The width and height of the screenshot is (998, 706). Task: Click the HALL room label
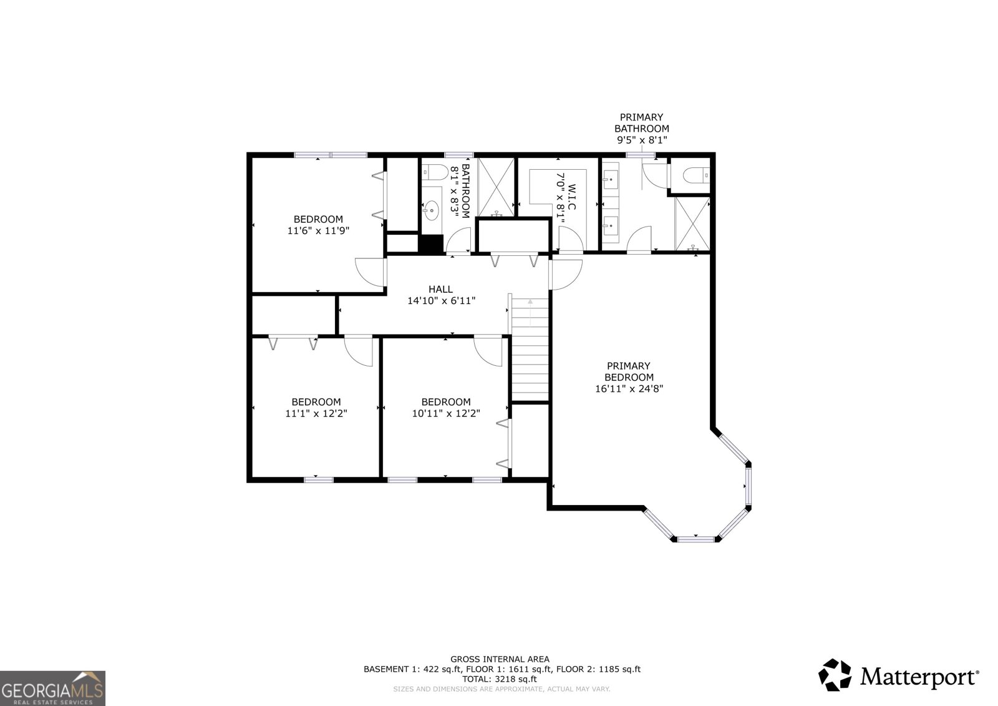pyautogui.click(x=440, y=289)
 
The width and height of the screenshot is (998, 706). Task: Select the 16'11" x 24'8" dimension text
pyautogui.click(x=629, y=388)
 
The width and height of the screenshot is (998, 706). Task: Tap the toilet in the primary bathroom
pyautogui.click(x=696, y=175)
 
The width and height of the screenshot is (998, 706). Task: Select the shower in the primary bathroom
pyautogui.click(x=692, y=223)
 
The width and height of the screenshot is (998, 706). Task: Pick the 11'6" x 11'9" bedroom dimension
pyautogui.click(x=318, y=230)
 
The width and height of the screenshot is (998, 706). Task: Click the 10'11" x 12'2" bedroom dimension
pyautogui.click(x=445, y=413)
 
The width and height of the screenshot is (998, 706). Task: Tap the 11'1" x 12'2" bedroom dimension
pyautogui.click(x=316, y=413)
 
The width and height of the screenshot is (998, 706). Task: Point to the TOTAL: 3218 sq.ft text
pyautogui.click(x=499, y=679)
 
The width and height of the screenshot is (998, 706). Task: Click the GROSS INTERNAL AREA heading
pyautogui.click(x=500, y=659)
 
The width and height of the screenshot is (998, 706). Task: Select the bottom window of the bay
pyautogui.click(x=696, y=538)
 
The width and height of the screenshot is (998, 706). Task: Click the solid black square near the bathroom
pyautogui.click(x=430, y=243)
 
